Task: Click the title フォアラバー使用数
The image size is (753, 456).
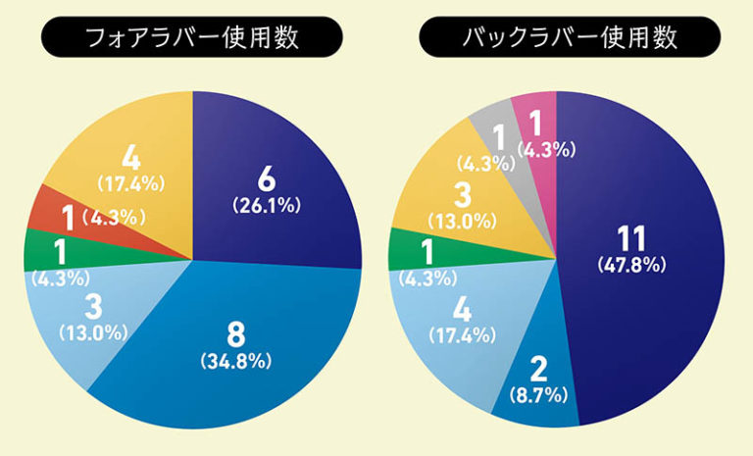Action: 191,39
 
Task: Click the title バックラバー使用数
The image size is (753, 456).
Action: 569,39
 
